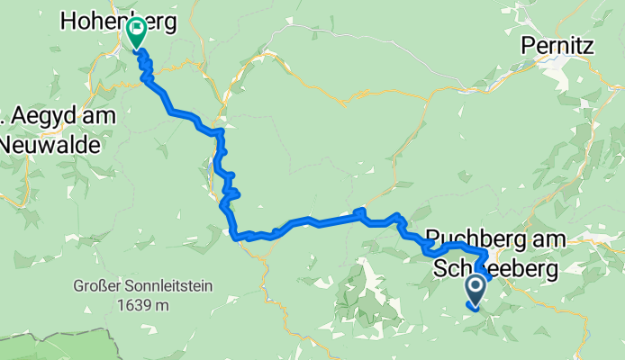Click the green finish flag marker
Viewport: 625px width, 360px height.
[x=136, y=32]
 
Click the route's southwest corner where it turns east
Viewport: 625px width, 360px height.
[x=236, y=237]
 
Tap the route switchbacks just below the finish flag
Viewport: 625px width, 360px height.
[x=145, y=67]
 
